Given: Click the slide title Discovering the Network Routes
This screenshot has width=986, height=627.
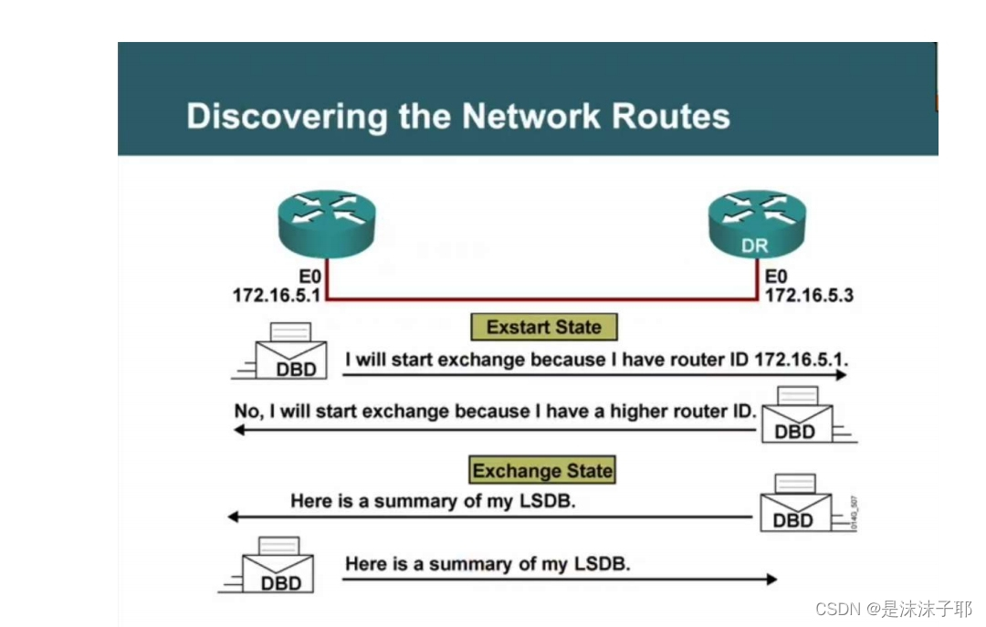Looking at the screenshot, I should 457,117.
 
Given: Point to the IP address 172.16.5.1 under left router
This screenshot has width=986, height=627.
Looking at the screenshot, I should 273,295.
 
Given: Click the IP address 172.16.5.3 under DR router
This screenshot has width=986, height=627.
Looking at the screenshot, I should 809,295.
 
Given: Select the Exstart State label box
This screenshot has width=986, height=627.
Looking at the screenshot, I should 543,327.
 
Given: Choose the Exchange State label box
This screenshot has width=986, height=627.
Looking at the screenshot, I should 542,471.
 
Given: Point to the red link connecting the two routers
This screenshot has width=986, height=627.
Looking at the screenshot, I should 542,298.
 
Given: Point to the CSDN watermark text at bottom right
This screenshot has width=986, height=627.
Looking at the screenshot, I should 893,609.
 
